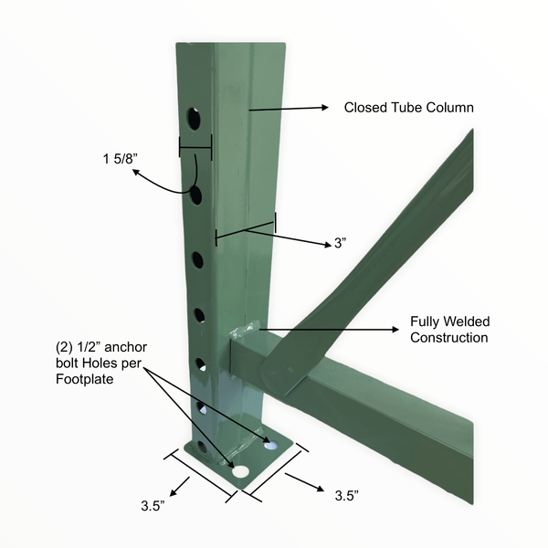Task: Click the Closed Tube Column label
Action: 408,108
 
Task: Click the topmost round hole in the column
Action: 194,118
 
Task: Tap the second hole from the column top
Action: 195,195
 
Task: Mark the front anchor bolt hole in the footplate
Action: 240,472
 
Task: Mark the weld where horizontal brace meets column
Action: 247,333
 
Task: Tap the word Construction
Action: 449,338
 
